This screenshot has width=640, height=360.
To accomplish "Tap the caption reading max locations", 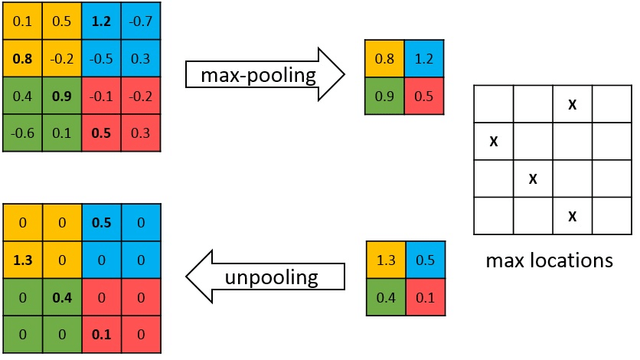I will point(550,260).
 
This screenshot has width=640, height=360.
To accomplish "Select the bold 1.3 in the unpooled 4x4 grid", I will point(21,260).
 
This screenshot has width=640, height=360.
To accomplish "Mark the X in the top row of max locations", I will point(572,103).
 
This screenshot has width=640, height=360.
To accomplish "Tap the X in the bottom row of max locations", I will point(572,216).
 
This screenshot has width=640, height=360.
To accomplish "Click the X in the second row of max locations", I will point(494,141).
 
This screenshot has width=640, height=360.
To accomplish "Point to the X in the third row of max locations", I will point(533,178).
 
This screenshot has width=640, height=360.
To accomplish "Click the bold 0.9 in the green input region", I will point(61,97).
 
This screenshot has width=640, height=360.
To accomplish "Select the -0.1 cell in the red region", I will point(100,97).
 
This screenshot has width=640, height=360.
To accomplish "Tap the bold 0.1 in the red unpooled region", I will point(100,335).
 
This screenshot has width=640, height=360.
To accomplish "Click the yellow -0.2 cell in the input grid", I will point(61,57).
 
